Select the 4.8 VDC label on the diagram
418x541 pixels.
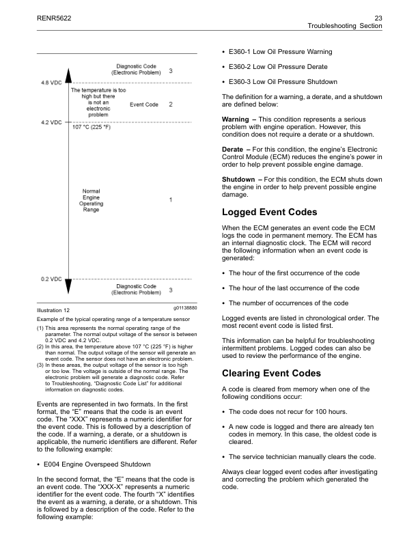pos(51,83)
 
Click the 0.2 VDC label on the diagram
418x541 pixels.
pos(51,279)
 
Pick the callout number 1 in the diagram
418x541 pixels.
pos(171,199)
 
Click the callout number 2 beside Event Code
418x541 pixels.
pos(171,105)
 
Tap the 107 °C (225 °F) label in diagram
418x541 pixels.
pos(93,126)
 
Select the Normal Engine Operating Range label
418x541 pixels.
pos(92,201)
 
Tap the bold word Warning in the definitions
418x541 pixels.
pos(236,120)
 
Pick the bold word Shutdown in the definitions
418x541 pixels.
pos(238,180)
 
